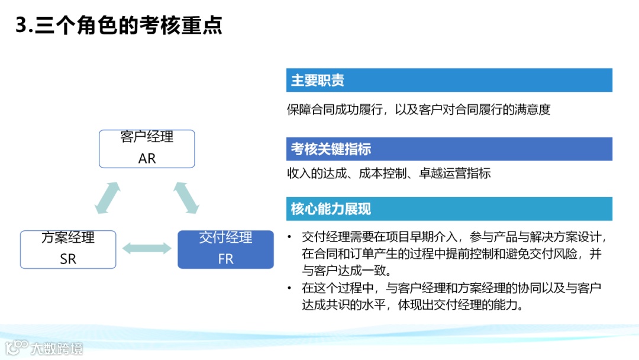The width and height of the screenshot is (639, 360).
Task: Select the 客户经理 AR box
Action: tap(147, 149)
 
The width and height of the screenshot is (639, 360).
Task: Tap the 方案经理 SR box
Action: tap(68, 249)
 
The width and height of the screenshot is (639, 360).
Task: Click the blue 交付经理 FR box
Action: tap(225, 249)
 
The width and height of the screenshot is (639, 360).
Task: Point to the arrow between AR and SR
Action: tap(108, 198)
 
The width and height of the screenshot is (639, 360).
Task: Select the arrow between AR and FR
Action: tap(186, 198)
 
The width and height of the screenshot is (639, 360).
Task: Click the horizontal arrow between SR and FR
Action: tap(147, 249)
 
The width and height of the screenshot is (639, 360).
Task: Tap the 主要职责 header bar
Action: tap(448, 81)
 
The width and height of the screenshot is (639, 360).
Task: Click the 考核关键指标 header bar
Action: tap(448, 149)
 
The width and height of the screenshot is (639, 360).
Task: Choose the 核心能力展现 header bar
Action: tap(448, 209)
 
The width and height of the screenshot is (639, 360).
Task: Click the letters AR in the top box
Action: tap(147, 159)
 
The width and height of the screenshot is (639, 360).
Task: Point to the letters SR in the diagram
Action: tap(68, 259)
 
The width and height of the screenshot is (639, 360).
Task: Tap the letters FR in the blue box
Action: tap(225, 259)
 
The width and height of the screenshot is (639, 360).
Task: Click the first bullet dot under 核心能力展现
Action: tap(289, 237)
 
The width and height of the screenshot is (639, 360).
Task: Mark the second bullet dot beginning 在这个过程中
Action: tap(289, 288)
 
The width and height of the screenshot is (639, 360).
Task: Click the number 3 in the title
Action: tap(22, 25)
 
